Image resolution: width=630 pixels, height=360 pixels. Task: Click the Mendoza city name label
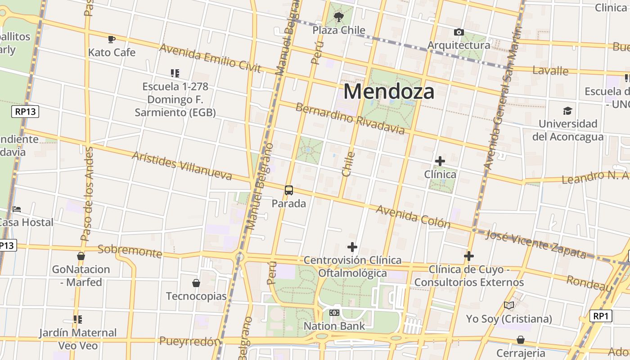point(389,92)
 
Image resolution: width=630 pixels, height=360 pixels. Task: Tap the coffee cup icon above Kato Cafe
point(112,40)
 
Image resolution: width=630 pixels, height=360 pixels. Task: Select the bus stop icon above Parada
point(289,190)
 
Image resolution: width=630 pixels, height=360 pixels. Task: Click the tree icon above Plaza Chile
point(338,17)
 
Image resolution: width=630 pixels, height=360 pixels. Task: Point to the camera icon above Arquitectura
point(459,32)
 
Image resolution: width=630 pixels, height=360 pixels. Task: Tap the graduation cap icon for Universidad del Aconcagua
point(567,111)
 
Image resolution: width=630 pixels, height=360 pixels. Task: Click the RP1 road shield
point(600,316)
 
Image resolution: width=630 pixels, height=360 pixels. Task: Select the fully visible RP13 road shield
point(25,112)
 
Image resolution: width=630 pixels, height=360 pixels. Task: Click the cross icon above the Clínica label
point(440,161)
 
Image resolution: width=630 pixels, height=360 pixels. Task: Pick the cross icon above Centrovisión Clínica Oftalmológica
point(352,247)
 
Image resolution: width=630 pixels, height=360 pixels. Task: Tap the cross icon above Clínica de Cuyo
point(469,256)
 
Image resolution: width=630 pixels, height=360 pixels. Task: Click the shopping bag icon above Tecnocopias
point(196,283)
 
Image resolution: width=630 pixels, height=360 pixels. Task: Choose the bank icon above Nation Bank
point(334,312)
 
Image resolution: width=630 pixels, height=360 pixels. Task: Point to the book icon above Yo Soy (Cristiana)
point(509,306)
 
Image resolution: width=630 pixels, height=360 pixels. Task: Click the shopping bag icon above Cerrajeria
point(521,340)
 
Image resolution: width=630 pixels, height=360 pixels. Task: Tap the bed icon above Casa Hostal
point(17,209)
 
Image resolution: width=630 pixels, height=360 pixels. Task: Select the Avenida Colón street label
point(413,216)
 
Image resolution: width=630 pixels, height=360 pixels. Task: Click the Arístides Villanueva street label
point(182,166)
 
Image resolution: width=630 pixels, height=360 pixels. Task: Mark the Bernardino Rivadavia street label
point(350,119)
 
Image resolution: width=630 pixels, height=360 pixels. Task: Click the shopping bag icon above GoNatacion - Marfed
point(81,256)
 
